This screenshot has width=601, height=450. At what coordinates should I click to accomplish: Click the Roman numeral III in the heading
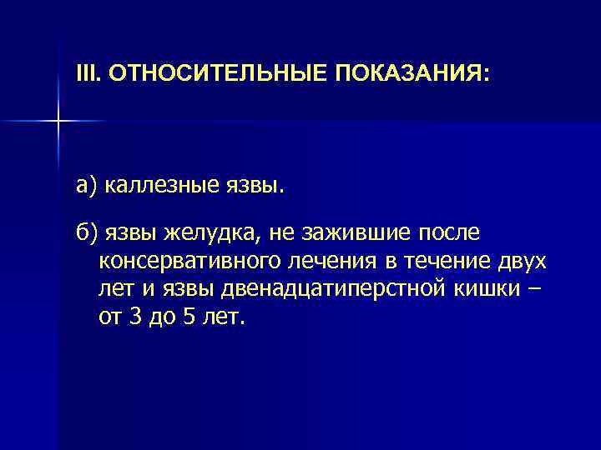tap(86, 74)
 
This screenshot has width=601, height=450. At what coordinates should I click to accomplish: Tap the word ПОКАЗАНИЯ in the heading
tap(407, 74)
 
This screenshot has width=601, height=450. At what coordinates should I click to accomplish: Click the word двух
tap(523, 261)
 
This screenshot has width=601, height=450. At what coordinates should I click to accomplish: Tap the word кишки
tap(492, 289)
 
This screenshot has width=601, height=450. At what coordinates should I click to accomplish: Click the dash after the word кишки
tap(534, 289)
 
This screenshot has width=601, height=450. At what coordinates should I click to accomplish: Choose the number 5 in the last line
tap(192, 317)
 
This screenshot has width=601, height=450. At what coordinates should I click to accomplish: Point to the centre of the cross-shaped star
tap(58, 122)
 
